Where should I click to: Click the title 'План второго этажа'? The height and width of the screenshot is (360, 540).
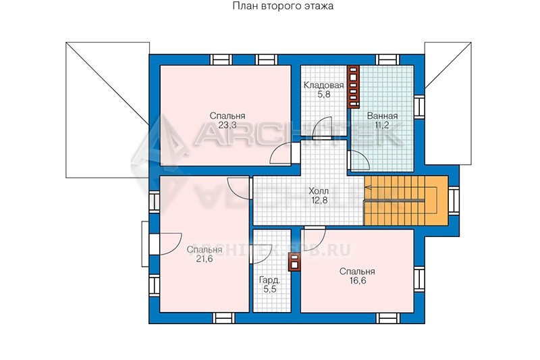point(283,6)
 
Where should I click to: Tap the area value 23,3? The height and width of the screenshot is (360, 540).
point(227,125)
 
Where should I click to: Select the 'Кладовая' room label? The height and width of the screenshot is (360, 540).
point(323,85)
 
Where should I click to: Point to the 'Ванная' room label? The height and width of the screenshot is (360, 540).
point(382,115)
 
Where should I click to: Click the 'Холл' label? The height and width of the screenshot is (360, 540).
point(319,191)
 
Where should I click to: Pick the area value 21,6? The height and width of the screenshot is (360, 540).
point(205,259)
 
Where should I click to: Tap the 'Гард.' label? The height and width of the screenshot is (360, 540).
point(270,280)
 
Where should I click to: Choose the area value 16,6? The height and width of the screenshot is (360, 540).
point(357,281)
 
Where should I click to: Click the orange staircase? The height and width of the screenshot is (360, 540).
point(406,201)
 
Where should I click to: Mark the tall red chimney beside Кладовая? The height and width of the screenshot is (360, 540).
point(353,86)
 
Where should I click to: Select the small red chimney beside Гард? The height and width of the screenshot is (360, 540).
point(294,262)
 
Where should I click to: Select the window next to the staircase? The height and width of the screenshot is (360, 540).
point(454,201)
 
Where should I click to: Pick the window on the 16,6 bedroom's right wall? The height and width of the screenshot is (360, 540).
point(419,279)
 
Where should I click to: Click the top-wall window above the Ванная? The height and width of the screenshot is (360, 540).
point(387,59)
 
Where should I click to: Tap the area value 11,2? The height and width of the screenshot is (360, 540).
point(382,125)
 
